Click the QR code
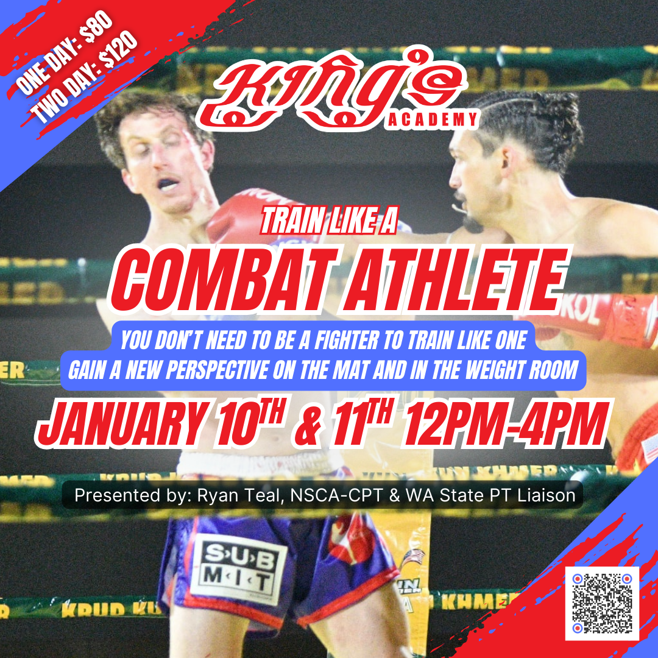coord(602,603)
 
